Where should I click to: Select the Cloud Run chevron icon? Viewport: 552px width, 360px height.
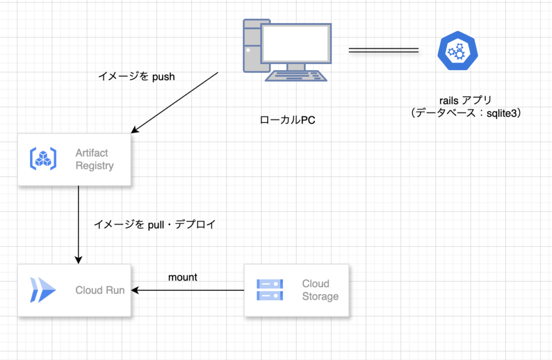click(x=43, y=290)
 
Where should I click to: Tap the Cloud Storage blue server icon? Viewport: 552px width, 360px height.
click(x=270, y=290)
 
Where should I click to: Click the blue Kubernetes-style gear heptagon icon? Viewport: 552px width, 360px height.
click(x=458, y=51)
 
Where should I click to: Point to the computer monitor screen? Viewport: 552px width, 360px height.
click(x=295, y=44)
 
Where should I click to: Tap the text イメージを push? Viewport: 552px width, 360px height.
click(x=136, y=77)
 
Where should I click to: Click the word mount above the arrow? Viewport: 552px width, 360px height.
click(x=183, y=278)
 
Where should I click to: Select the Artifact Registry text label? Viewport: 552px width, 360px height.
click(x=94, y=160)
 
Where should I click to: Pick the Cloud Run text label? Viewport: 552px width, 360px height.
click(x=100, y=290)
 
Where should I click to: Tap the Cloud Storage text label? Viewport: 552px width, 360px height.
click(x=320, y=290)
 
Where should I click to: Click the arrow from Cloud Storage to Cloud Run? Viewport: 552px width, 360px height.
click(x=189, y=290)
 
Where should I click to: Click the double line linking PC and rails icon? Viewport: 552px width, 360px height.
click(x=383, y=51)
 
